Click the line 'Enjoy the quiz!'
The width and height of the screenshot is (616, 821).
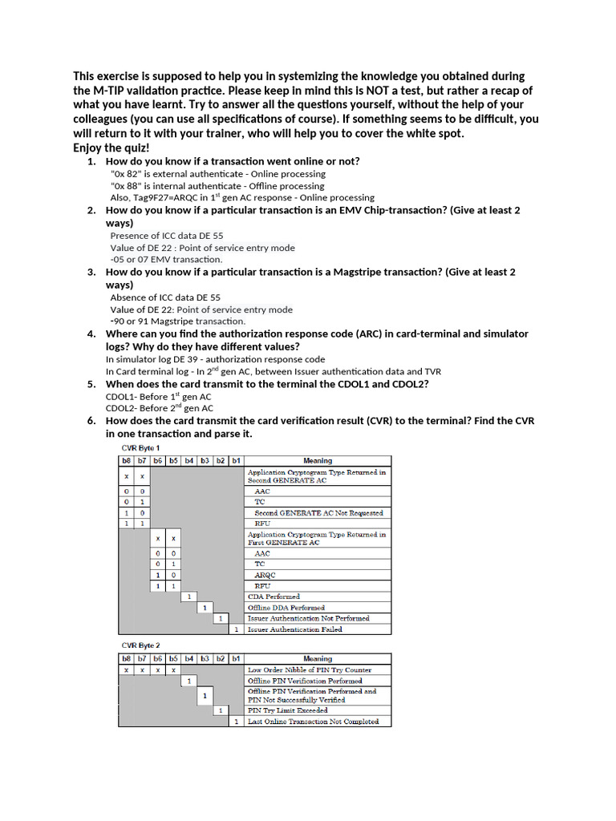[x=111, y=148]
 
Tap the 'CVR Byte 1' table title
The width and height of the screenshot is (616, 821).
[x=140, y=448]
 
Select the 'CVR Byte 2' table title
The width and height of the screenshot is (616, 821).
[x=140, y=644]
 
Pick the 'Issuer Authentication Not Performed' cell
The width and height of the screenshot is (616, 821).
[x=309, y=618]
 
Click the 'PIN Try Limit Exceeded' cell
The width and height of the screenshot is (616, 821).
[x=287, y=710]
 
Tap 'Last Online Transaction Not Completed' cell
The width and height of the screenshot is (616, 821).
[x=313, y=722]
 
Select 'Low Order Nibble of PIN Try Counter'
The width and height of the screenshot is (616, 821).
[x=310, y=669]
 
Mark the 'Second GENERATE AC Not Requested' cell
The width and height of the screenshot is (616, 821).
[x=318, y=512]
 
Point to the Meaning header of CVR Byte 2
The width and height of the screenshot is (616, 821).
[x=318, y=659]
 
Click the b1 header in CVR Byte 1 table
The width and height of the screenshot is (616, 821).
[x=236, y=460]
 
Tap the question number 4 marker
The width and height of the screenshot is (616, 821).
[x=91, y=334]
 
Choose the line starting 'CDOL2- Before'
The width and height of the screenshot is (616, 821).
[x=159, y=408]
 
